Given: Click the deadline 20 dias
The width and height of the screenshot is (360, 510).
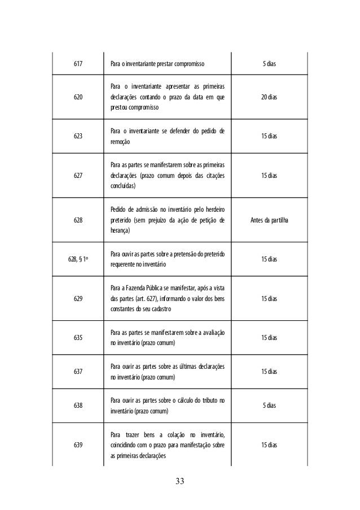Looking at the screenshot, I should (x=269, y=97).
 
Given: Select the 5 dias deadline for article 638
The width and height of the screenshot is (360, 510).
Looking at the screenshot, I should (x=269, y=406).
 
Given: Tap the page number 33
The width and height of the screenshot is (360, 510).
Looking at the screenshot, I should (x=180, y=481).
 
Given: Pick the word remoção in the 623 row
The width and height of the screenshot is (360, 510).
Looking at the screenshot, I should (x=120, y=144).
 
